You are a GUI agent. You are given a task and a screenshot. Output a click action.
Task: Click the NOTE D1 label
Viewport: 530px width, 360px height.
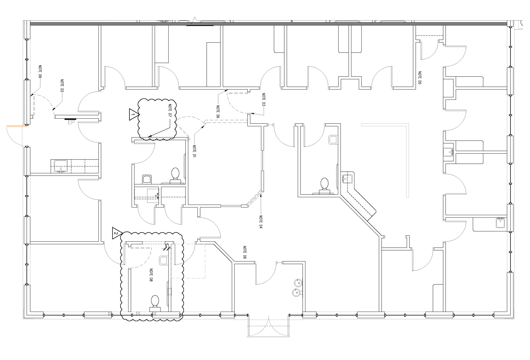click(x=194, y=151)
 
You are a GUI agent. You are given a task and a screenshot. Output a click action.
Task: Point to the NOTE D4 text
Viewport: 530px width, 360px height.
click(x=261, y=222)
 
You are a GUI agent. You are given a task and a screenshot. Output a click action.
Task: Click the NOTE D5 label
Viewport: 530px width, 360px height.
click(x=419, y=78)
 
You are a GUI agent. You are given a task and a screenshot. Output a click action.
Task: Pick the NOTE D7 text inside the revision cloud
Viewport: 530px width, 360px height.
click(x=169, y=111)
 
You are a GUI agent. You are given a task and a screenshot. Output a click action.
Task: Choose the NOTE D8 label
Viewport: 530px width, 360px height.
click(x=151, y=275)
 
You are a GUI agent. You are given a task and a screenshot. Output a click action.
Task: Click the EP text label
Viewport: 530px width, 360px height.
click(x=70, y=122)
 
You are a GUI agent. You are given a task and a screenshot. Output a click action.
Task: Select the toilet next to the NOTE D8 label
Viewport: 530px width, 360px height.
click(x=155, y=302)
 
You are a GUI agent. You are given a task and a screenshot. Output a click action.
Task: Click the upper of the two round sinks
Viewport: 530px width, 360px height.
click(x=297, y=283)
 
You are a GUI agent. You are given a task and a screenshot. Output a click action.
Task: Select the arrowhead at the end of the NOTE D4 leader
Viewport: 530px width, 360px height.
click(x=261, y=194)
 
